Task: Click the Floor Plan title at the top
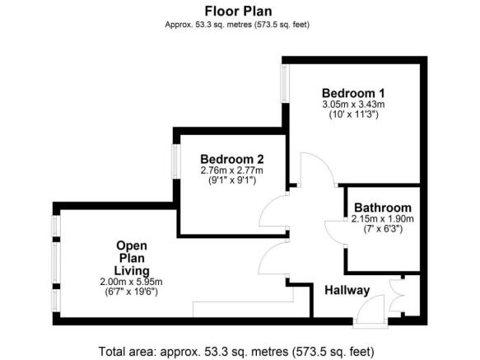coord(240,11)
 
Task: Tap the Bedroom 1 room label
coord(353,92)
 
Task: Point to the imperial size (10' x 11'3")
coord(353,115)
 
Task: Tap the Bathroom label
coord(383,208)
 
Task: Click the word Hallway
coord(347,290)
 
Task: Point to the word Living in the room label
coord(132,270)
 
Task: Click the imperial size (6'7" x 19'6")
coord(132,292)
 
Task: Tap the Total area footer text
coord(240,350)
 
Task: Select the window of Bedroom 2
coord(175,160)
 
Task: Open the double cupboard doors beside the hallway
coord(400,294)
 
